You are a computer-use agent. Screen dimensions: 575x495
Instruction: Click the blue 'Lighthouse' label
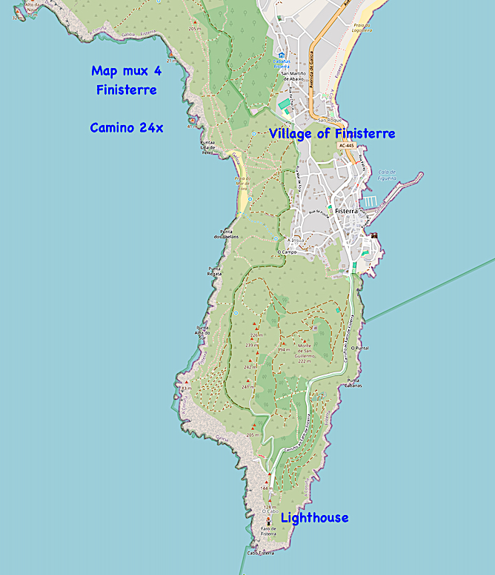314,517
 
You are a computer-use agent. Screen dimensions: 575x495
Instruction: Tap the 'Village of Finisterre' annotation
332,133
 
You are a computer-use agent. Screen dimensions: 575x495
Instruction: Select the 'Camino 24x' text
127,127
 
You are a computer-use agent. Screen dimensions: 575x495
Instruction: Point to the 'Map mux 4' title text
125,71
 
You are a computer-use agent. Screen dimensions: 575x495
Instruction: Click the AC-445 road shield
346,146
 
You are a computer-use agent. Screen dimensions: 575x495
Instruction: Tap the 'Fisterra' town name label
345,211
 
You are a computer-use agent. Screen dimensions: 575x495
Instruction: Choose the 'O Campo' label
287,252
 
